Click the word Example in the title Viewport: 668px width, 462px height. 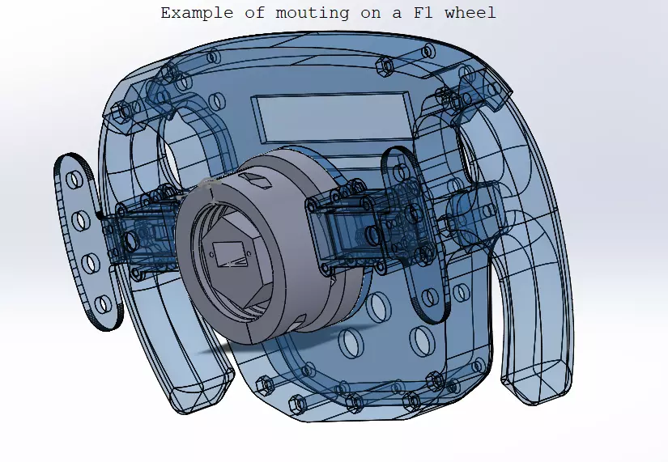(192, 13)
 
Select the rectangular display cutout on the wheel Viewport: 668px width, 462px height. (333, 117)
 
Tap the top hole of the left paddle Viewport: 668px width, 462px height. (71, 177)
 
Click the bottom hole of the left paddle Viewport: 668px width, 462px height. (101, 304)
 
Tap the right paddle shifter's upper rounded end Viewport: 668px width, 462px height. (397, 162)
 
